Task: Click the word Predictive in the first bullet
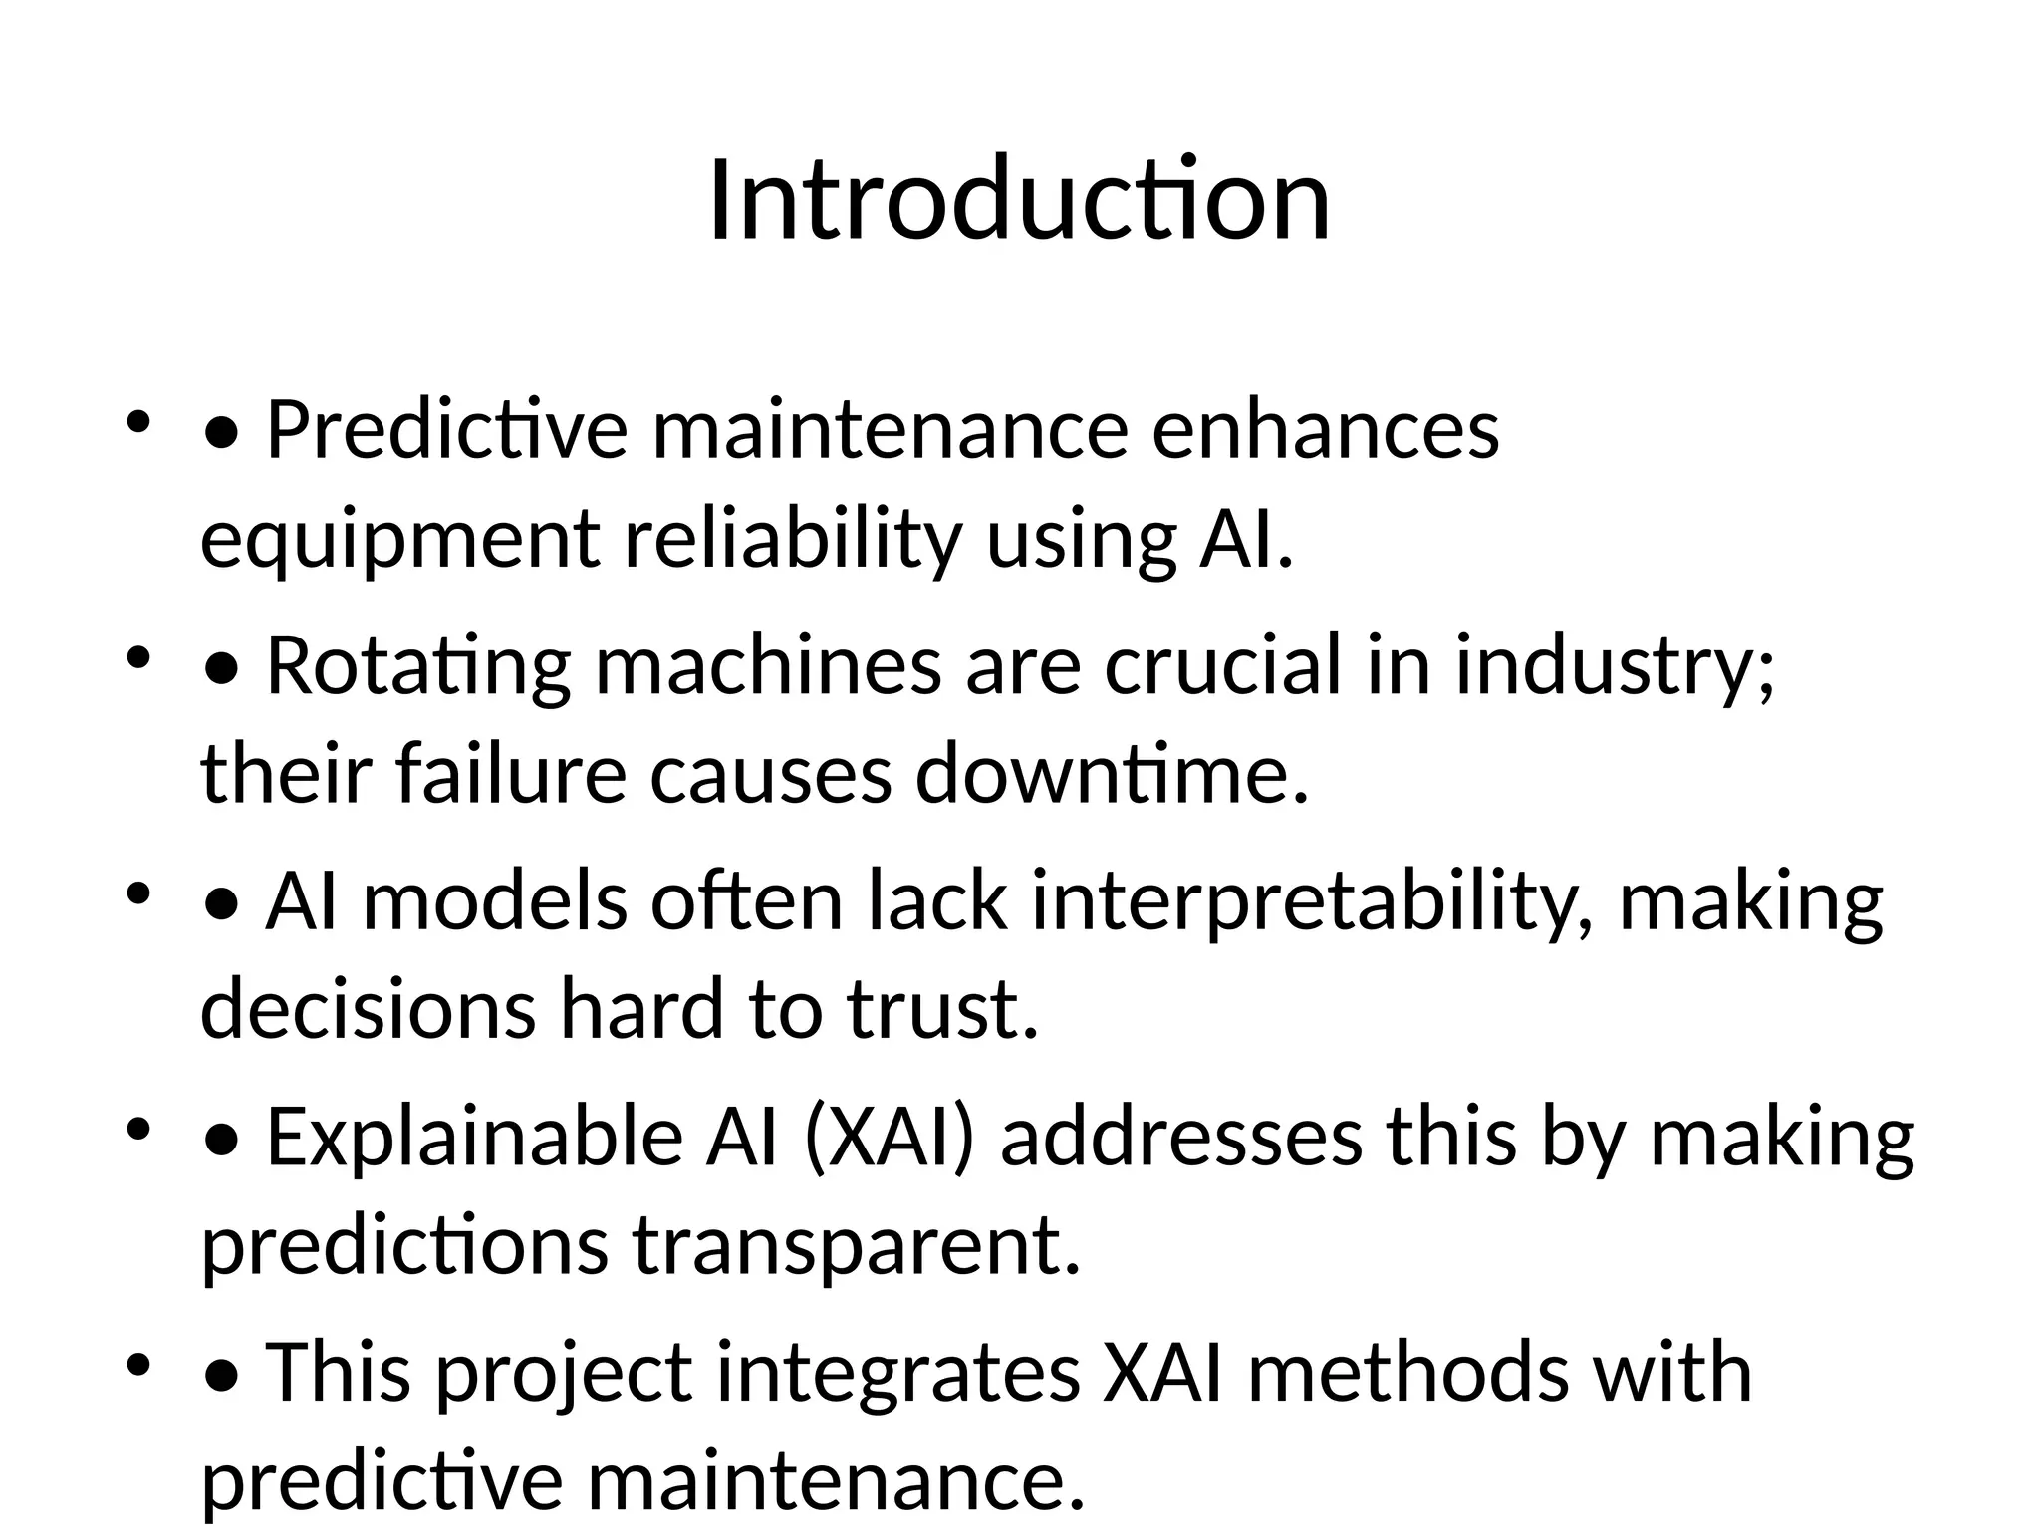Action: click(447, 430)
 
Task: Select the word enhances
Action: click(1325, 430)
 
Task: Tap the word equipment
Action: click(400, 540)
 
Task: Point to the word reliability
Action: click(793, 540)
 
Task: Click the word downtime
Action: click(1111, 775)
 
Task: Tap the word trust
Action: click(942, 1010)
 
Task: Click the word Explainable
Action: click(475, 1137)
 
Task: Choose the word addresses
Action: click(1181, 1137)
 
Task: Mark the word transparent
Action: click(857, 1245)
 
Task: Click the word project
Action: click(564, 1373)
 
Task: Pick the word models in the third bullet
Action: click(494, 901)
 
